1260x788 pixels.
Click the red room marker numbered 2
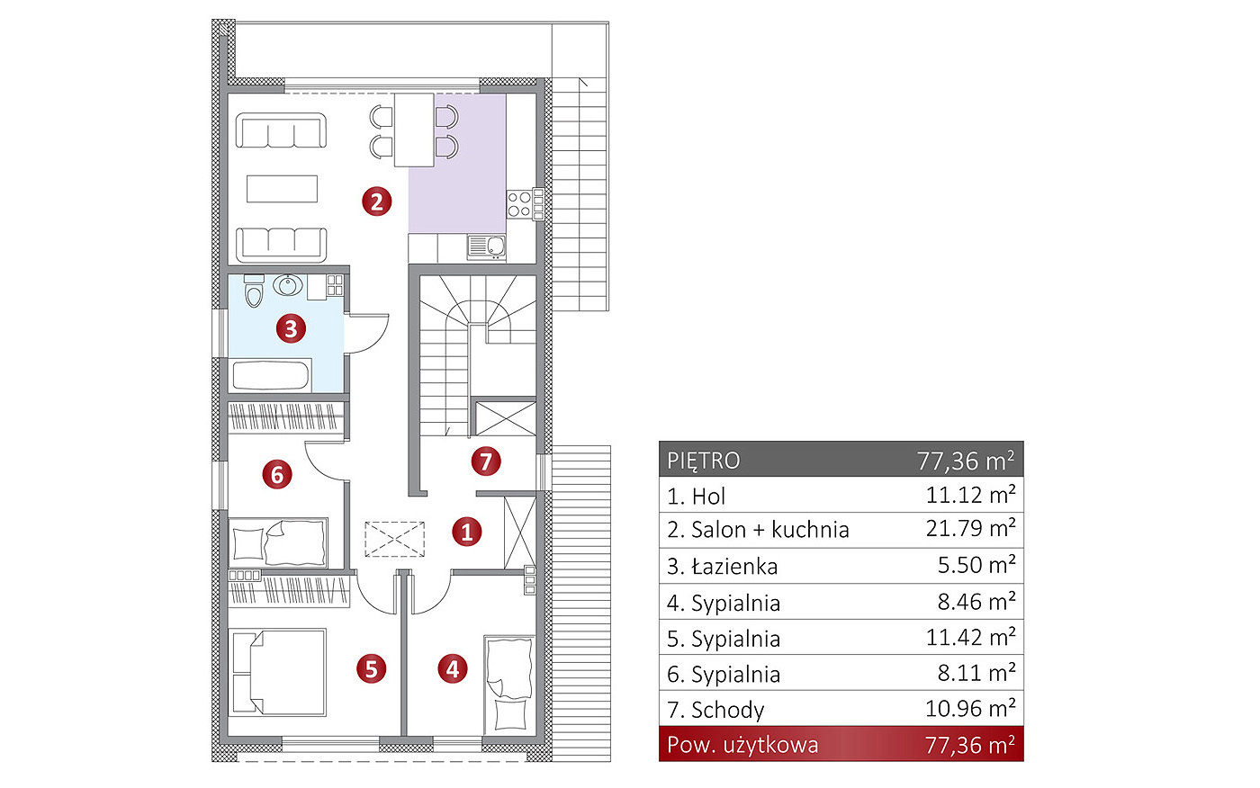click(x=376, y=201)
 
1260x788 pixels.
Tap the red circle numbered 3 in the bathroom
click(x=291, y=328)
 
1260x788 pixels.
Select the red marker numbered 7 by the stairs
click(x=485, y=461)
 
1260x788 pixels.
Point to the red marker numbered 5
click(x=371, y=669)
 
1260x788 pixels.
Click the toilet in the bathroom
click(x=254, y=291)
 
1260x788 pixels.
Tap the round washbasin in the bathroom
click(x=288, y=285)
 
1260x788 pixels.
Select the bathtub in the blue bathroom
click(x=271, y=375)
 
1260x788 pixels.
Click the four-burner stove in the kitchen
click(x=519, y=204)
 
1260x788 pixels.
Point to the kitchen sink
click(x=487, y=246)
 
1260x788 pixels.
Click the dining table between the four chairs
click(x=414, y=130)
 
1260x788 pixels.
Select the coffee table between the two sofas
click(x=282, y=188)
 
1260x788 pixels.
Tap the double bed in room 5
click(x=277, y=672)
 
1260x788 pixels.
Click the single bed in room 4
click(x=509, y=684)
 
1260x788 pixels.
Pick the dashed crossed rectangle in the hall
click(x=395, y=540)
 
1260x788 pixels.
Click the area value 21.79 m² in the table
click(x=970, y=528)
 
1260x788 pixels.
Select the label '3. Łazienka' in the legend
click(x=722, y=566)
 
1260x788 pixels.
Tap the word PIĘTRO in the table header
click(x=704, y=461)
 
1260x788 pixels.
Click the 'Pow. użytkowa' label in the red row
click(x=742, y=745)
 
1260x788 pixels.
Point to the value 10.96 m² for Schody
click(x=970, y=709)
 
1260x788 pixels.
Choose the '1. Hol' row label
click(x=696, y=497)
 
